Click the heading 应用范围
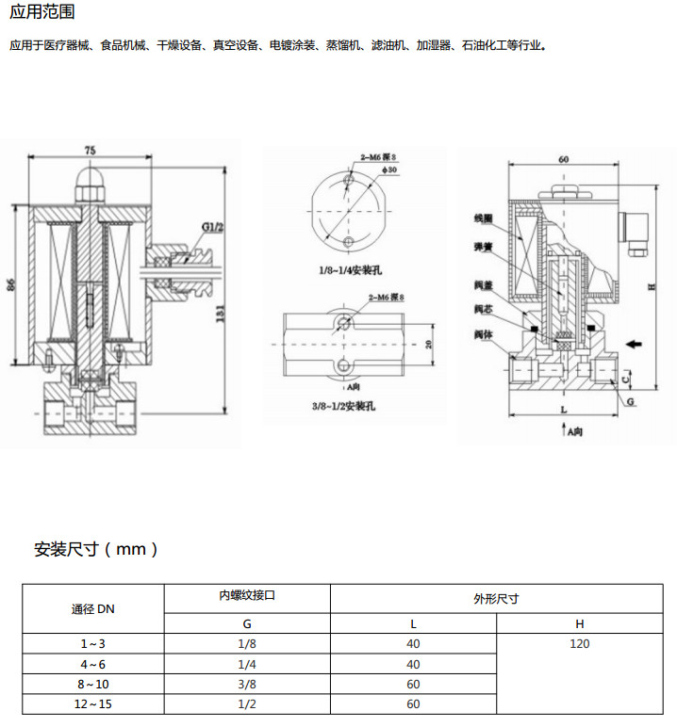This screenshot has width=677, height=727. coord(42,12)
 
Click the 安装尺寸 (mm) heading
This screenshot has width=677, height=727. coord(96,548)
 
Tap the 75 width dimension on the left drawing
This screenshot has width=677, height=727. coord(90,151)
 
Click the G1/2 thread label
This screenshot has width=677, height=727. coord(211,227)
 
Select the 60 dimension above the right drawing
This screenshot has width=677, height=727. coord(563,160)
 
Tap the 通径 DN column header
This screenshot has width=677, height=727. coord(93,608)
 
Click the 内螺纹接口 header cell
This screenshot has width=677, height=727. coord(247,596)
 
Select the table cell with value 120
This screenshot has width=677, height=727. coord(579,643)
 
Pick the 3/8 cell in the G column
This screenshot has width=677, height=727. coord(247,684)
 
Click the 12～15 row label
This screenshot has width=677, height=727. coord(93,704)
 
